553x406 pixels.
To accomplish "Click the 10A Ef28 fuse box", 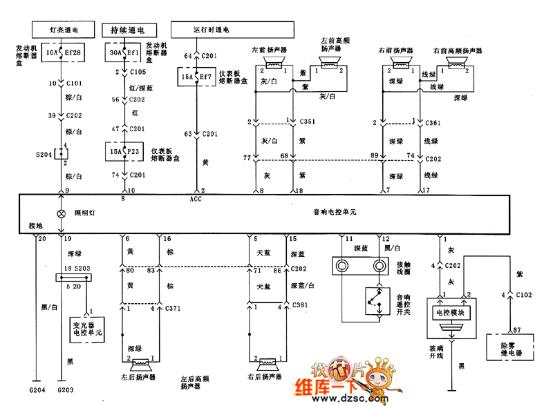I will (64, 52).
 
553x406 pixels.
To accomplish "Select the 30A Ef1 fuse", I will (124, 52).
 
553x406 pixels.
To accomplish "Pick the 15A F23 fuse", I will (124, 151).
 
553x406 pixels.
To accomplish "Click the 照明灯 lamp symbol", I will (61, 213).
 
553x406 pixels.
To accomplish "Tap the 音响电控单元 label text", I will (335, 213).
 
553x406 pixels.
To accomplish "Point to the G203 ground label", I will (66, 391).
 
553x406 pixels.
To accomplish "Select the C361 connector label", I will (434, 122).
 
